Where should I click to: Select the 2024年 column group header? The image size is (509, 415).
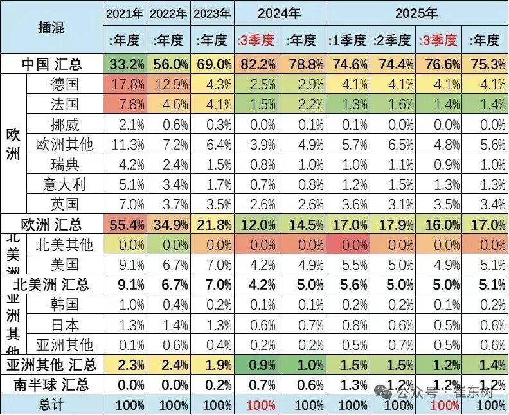point(280,12)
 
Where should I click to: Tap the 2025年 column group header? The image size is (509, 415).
point(416,12)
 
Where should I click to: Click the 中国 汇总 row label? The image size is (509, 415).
point(51,64)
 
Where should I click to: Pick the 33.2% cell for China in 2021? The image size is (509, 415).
point(125,64)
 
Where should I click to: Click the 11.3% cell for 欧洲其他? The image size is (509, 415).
point(125,145)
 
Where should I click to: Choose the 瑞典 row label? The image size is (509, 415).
point(64,164)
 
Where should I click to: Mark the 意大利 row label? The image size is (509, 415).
point(64,184)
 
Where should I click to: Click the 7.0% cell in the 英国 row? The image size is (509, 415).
point(125,204)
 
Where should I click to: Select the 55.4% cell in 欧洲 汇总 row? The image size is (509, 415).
point(125,225)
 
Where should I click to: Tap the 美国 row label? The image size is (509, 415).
point(64,264)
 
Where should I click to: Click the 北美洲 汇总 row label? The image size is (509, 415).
point(51,285)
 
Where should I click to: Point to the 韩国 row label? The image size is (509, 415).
point(64,305)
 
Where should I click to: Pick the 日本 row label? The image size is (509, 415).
point(64,324)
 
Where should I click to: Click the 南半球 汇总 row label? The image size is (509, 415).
point(51,385)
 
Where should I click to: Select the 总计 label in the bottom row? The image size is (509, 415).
point(51,405)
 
